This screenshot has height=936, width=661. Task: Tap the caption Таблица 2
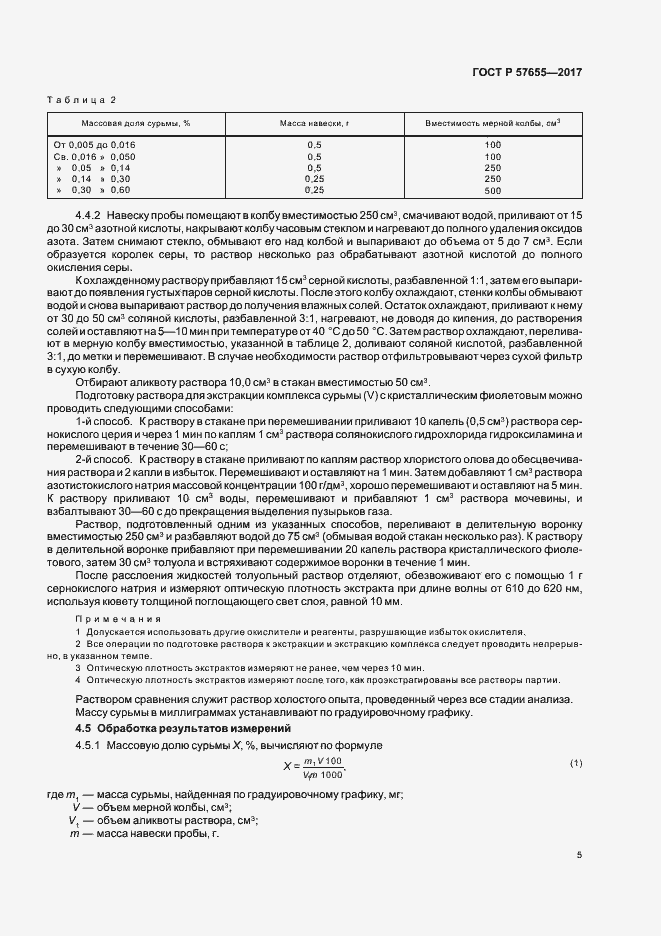click(82, 100)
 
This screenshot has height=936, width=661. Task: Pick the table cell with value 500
click(492, 190)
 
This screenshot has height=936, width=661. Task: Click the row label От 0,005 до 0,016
click(94, 145)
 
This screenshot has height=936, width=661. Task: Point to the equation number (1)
click(576, 764)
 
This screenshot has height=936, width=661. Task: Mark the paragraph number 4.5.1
click(92, 746)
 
